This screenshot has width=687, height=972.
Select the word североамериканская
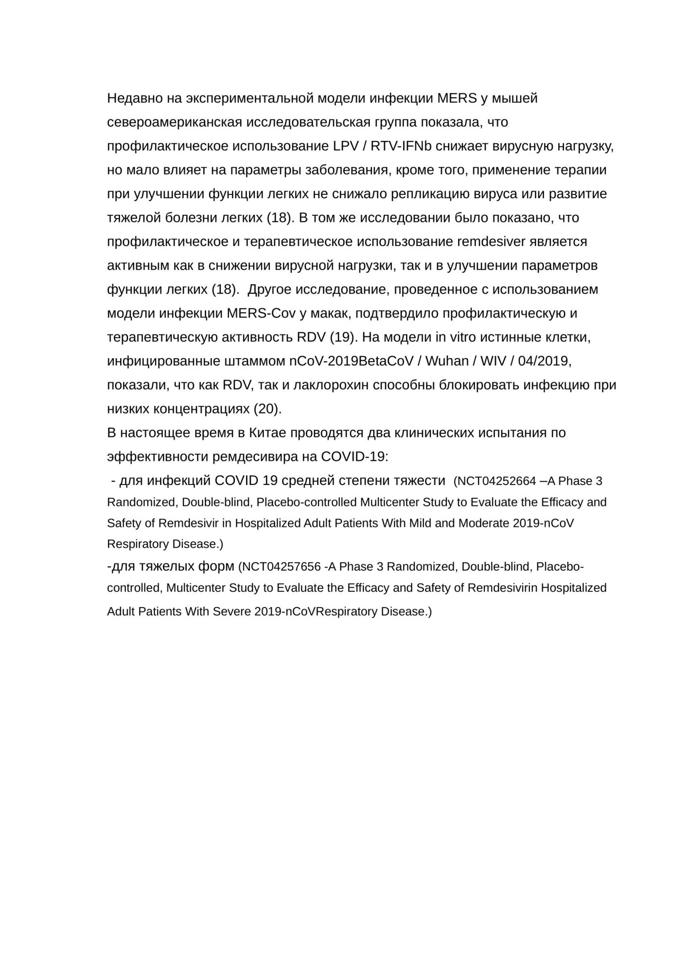[174, 122]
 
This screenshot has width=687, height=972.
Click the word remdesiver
[492, 242]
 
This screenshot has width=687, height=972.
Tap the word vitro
[464, 337]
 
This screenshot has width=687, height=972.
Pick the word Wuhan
[446, 361]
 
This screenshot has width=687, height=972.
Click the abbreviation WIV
[493, 361]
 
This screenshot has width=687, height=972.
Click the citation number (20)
[267, 409]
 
